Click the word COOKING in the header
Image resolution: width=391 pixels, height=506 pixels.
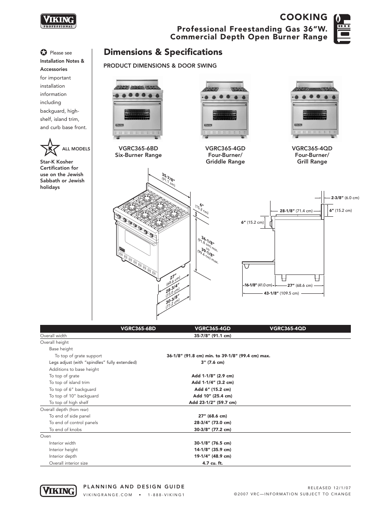pyautogui.click(x=303, y=17)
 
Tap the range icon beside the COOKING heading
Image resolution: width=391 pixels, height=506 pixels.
pyautogui.click(x=342, y=29)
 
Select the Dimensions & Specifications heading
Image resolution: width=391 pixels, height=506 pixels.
pyautogui.click(x=163, y=52)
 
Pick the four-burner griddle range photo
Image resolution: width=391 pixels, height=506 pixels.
pyautogui.click(x=225, y=109)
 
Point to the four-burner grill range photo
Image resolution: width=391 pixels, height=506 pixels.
pyautogui.click(x=314, y=109)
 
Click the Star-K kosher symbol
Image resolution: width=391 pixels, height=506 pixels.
pyautogui.click(x=50, y=148)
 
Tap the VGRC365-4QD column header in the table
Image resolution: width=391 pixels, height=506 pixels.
pyautogui.click(x=288, y=329)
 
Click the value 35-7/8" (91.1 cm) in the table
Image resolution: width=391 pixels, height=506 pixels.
pyautogui.click(x=212, y=336)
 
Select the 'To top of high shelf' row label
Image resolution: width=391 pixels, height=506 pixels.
pyautogui.click(x=68, y=402)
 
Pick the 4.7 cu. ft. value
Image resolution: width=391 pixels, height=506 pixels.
pyautogui.click(x=212, y=463)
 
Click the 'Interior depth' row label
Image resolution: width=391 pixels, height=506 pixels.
pyautogui.click(x=63, y=456)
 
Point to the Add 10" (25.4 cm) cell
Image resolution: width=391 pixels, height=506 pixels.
pyautogui.click(x=212, y=396)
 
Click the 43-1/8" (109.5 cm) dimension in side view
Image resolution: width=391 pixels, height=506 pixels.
pyautogui.click(x=281, y=293)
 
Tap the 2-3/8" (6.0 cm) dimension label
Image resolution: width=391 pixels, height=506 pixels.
pyautogui.click(x=345, y=198)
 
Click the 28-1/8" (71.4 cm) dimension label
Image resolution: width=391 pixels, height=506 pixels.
pyautogui.click(x=296, y=211)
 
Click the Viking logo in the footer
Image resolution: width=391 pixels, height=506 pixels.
pyautogui.click(x=59, y=490)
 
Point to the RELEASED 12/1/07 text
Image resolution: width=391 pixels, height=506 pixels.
pyautogui.click(x=329, y=488)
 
